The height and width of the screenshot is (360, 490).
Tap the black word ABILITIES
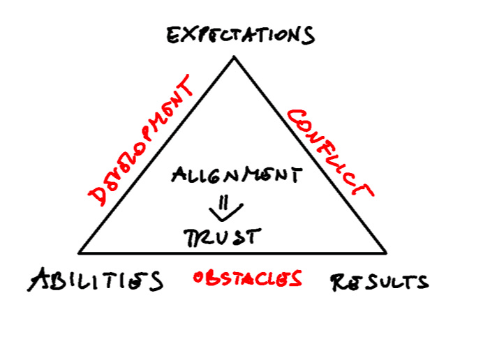[x=96, y=280]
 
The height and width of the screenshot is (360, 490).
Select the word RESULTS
[x=378, y=281]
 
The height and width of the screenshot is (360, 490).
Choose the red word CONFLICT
[x=330, y=153]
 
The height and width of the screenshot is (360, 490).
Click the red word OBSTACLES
[x=248, y=279]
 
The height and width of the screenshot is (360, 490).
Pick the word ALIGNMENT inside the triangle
[x=237, y=174]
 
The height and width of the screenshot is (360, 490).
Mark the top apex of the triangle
[x=234, y=58]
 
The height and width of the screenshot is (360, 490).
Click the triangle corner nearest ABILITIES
[x=80, y=253]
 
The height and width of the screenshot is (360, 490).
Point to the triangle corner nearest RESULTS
[x=385, y=253]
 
